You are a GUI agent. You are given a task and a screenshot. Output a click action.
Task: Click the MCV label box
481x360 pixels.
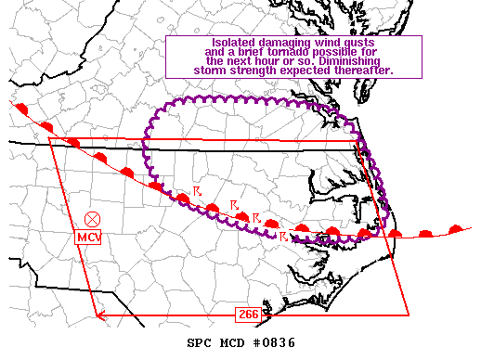coord(89,238)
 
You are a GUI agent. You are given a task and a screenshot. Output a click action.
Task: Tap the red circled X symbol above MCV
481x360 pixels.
coord(92,219)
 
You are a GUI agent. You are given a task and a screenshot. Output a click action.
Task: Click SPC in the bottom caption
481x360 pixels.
coord(200,343)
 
